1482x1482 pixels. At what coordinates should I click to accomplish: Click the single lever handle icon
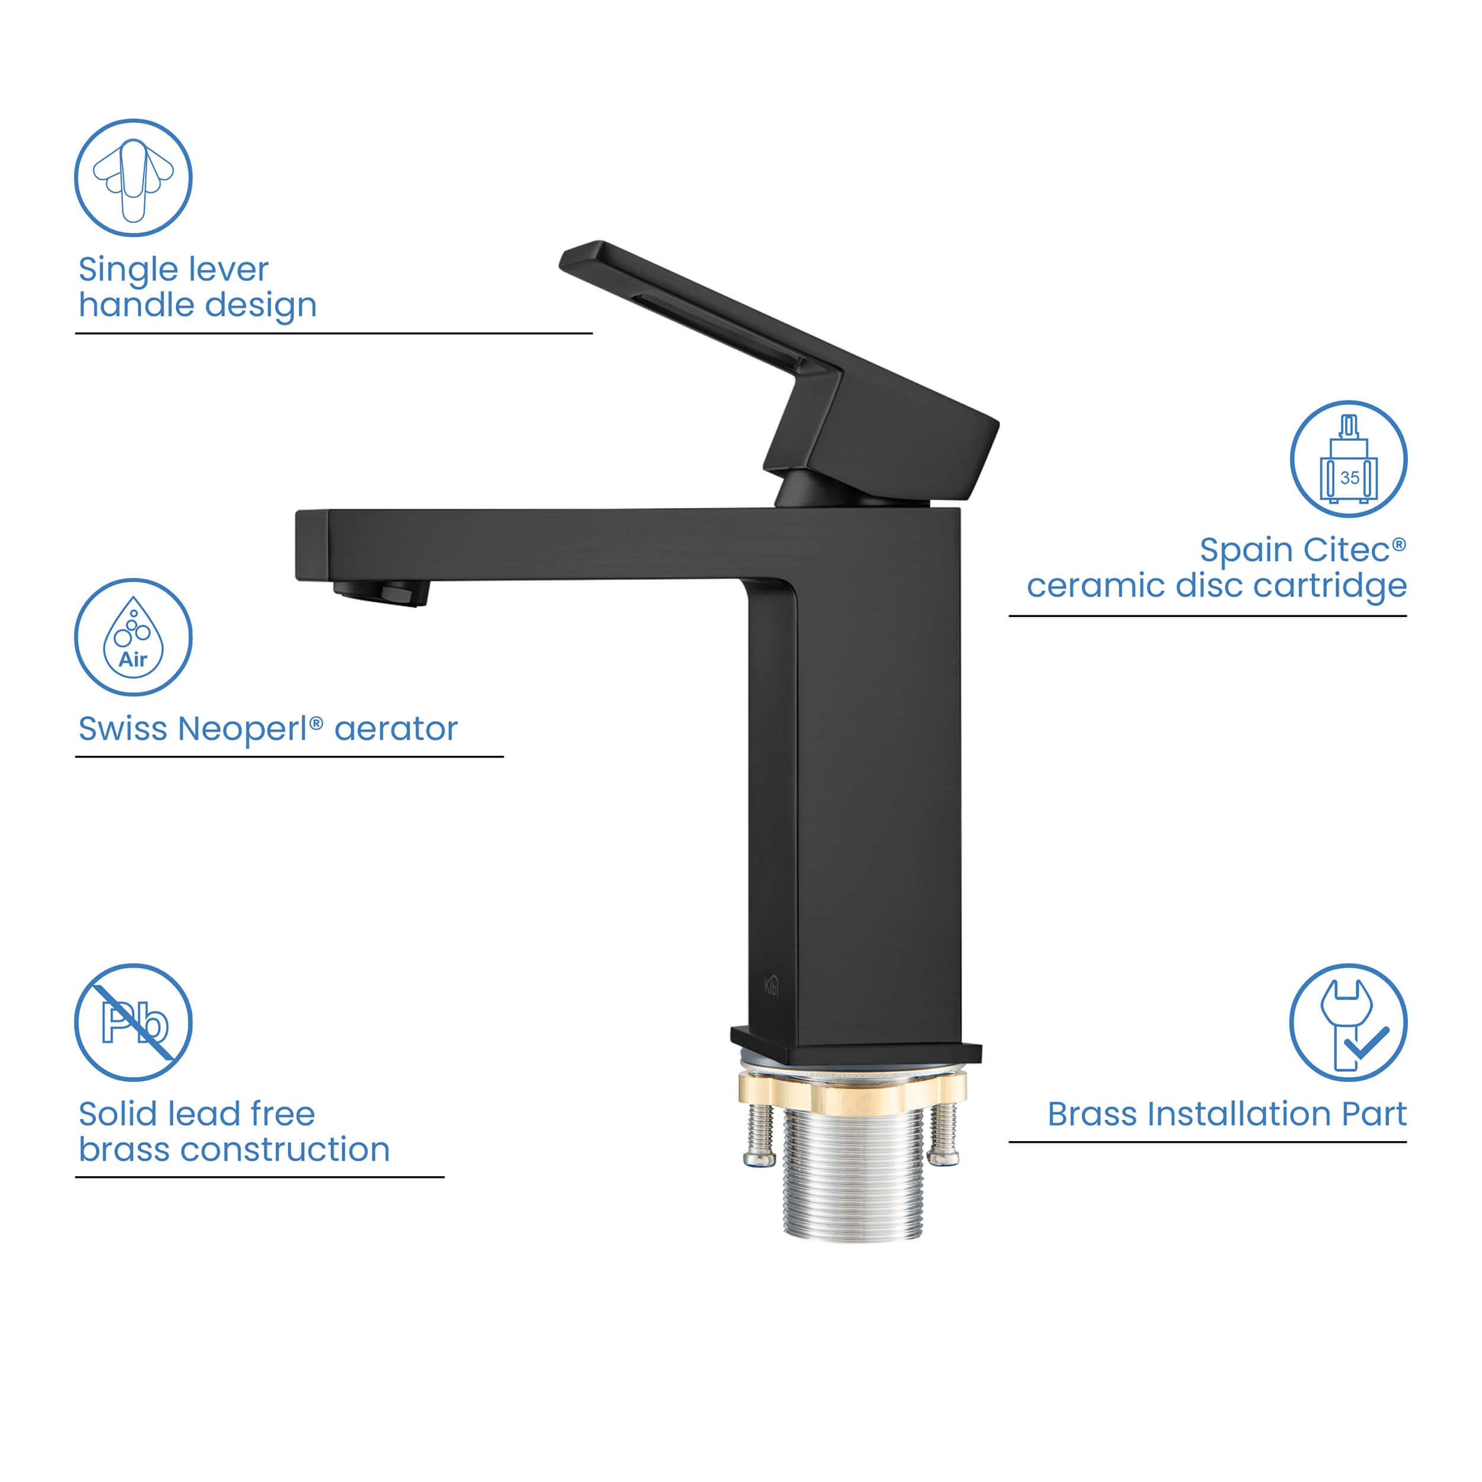tap(133, 178)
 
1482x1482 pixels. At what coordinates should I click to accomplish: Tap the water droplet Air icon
tap(133, 637)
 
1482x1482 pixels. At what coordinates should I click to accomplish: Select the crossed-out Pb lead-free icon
tap(133, 1023)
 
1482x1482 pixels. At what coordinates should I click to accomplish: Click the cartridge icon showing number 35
tap(1349, 459)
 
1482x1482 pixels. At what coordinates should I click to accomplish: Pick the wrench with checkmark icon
tap(1349, 1023)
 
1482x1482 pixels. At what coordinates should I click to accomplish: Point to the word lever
tap(230, 269)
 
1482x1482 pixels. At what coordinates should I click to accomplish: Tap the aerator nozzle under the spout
tap(381, 593)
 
